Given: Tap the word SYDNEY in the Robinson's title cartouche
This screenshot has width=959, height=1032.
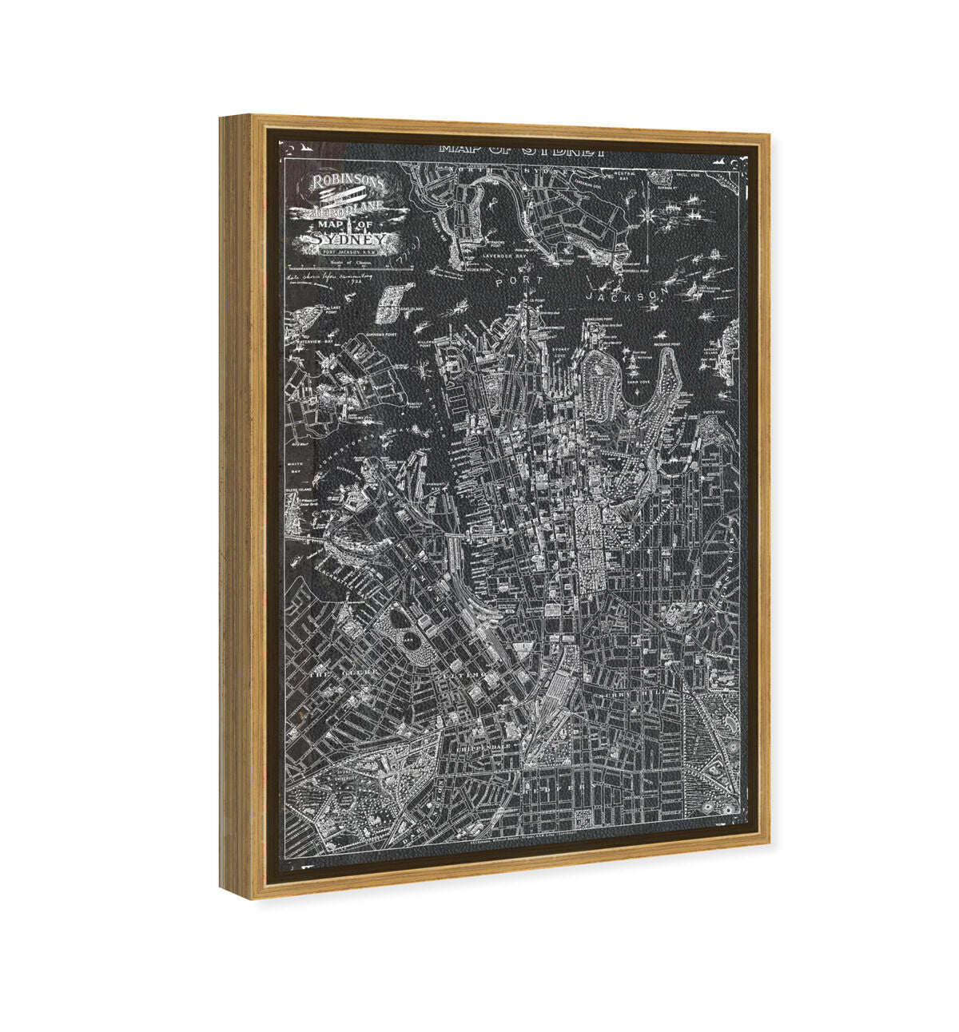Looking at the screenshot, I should tap(349, 239).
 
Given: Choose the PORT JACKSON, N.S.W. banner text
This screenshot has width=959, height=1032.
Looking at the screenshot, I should tap(349, 252).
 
